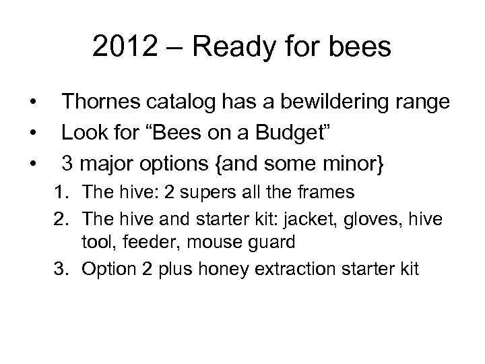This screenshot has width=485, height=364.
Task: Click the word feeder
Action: coord(154,241)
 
